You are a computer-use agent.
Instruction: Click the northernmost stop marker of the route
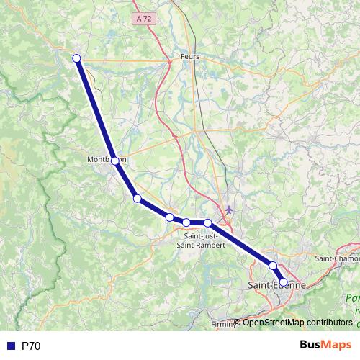[76, 59]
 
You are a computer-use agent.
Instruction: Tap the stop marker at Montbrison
[115, 161]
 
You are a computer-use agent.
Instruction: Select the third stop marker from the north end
[137, 198]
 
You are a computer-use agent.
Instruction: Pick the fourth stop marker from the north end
[169, 217]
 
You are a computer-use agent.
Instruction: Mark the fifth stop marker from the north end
[186, 222]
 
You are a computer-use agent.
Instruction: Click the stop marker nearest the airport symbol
[207, 222]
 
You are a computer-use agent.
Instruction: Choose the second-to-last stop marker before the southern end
[273, 266]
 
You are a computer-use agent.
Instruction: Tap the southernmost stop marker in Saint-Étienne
[284, 282]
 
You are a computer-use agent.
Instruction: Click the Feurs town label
[191, 56]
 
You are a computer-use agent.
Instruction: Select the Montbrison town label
[106, 159]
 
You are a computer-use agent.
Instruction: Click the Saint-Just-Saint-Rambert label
[204, 240]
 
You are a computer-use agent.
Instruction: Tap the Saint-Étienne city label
[276, 286]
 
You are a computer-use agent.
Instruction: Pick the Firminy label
[223, 325]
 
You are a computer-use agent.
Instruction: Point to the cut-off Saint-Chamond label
[338, 258]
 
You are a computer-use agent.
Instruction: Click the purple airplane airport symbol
[230, 210]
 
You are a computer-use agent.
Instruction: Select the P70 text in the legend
[31, 346]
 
